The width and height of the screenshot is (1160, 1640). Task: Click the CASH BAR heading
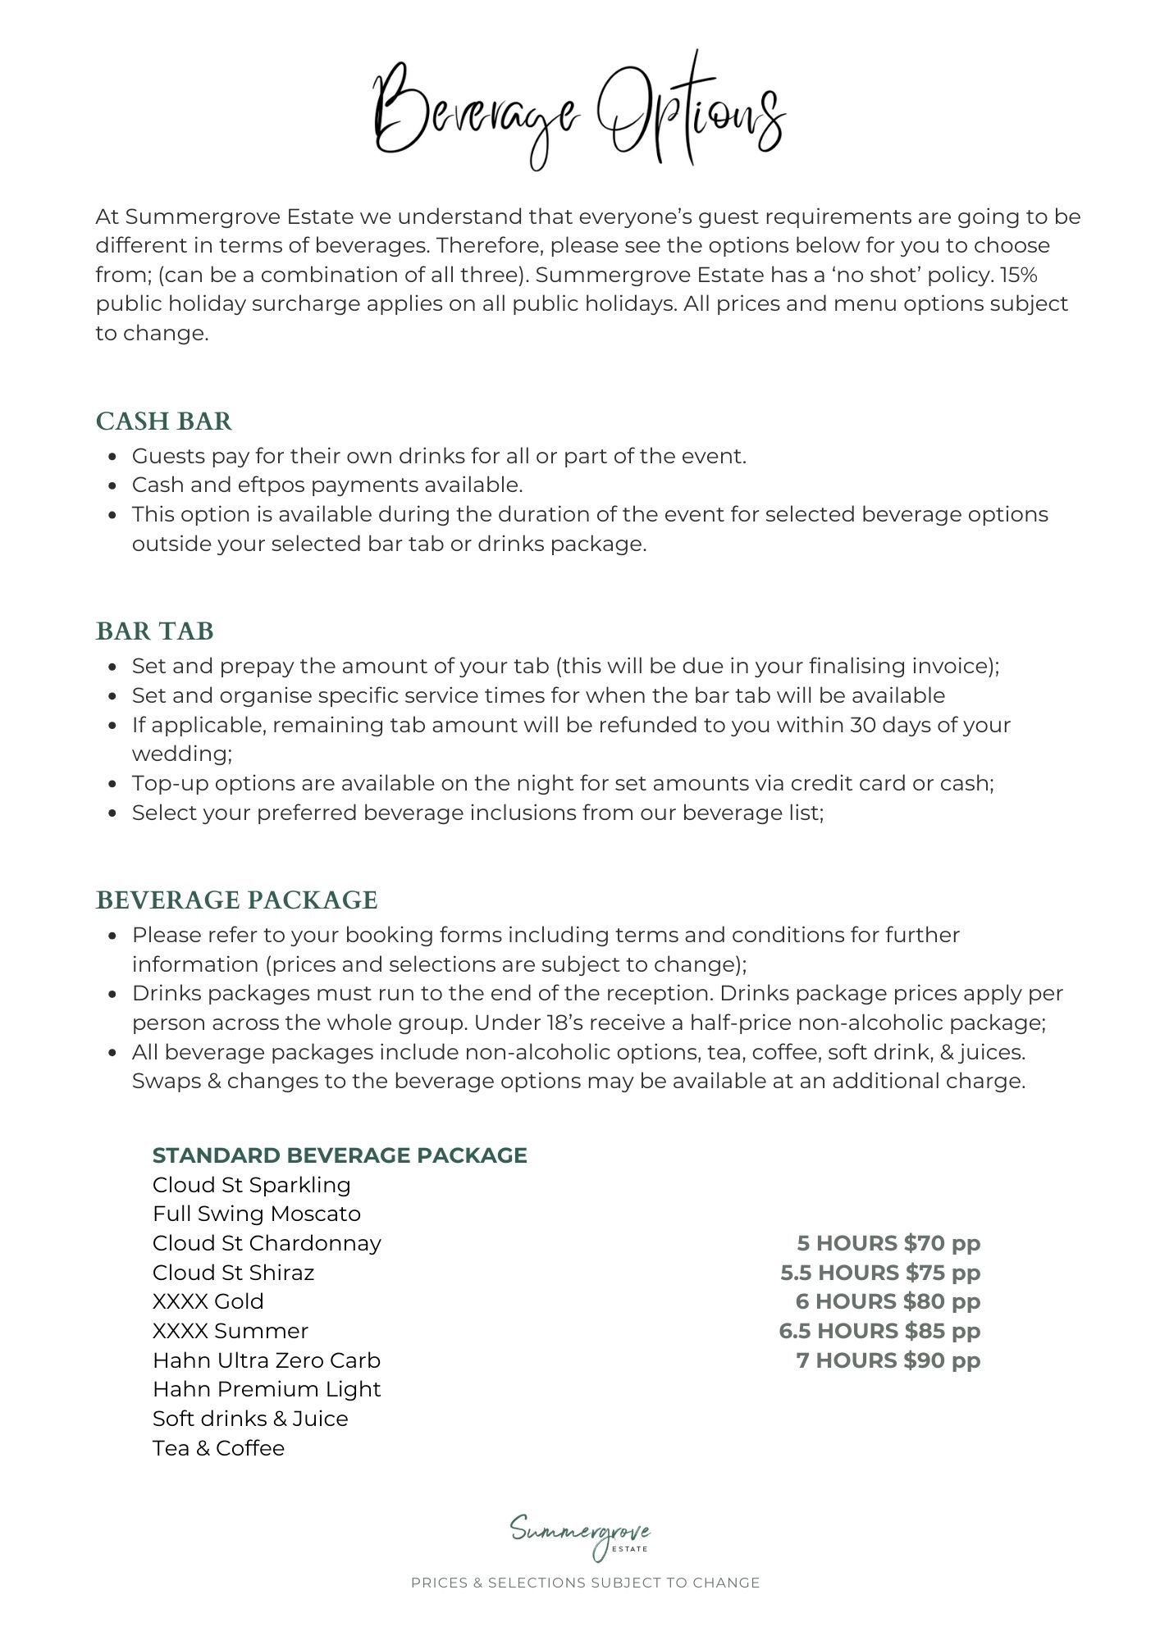click(164, 421)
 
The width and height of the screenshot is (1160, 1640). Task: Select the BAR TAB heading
click(155, 631)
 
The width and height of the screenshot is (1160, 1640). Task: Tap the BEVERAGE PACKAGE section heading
click(237, 900)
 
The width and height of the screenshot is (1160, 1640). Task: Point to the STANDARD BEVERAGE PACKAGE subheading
click(340, 1155)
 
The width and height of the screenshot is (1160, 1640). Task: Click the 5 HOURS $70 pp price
click(888, 1243)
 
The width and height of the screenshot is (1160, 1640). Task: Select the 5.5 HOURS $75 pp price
click(880, 1273)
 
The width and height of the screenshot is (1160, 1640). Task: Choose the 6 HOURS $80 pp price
click(888, 1301)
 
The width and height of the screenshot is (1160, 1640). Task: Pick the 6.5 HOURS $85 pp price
click(879, 1331)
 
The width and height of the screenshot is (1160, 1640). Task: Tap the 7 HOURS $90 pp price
click(888, 1360)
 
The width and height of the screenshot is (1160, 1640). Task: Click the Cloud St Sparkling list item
click(252, 1185)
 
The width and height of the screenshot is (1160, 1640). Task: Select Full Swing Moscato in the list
click(257, 1214)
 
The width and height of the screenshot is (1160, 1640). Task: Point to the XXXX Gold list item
click(208, 1301)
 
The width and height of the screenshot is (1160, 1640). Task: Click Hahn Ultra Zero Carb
click(267, 1360)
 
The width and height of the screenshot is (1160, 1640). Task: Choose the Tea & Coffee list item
click(218, 1448)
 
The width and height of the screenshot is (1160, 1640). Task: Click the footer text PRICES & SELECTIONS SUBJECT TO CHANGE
click(585, 1583)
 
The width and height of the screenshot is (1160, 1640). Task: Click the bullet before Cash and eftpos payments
click(114, 486)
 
